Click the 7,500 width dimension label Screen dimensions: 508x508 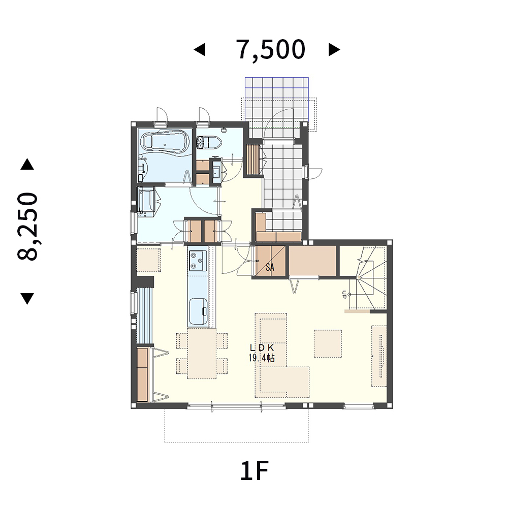point(271,50)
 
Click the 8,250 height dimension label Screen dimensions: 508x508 point(27,226)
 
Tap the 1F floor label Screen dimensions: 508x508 point(255,471)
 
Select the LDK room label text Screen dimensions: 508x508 point(262,347)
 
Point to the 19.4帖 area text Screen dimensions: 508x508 point(262,358)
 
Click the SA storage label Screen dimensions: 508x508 point(270,267)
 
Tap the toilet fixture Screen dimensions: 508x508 point(209,142)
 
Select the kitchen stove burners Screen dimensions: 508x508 point(198,261)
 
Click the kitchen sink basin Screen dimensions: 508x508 point(198,311)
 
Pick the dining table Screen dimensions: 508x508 point(202,354)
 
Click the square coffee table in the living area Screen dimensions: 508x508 point(328,343)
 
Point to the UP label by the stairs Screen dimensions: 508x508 point(344,294)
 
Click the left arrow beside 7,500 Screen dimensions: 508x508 point(200,50)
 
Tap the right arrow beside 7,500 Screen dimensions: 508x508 point(334,50)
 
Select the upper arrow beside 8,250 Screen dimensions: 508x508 point(27,164)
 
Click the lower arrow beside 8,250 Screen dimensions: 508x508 point(27,298)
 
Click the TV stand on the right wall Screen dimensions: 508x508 point(379,356)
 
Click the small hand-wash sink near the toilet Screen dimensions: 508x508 point(216,171)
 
